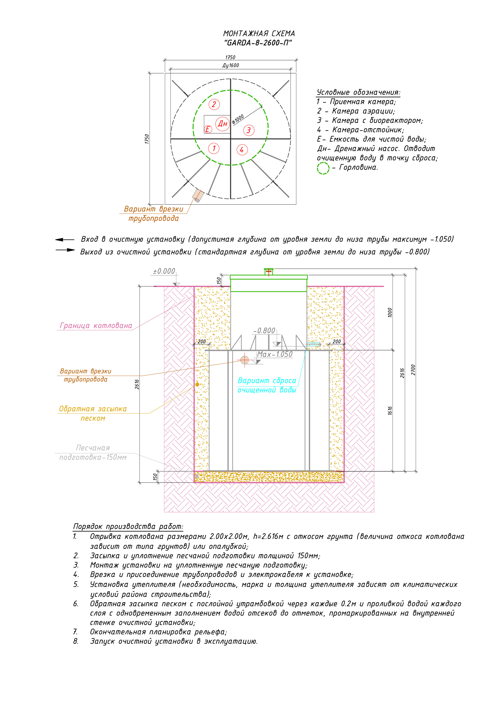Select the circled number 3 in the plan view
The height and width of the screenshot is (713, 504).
click(248, 130)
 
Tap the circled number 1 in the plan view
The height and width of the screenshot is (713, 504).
click(214, 148)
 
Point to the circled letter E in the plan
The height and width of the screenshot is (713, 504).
click(208, 129)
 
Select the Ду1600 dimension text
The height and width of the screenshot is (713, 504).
click(230, 65)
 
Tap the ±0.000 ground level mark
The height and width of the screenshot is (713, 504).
click(164, 271)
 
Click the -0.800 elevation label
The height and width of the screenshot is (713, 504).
click(264, 331)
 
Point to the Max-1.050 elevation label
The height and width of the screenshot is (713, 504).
click(275, 354)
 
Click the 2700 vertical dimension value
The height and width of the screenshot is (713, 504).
click(413, 370)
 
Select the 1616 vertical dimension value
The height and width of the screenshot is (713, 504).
click(390, 411)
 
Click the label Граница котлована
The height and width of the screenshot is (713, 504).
click(96, 326)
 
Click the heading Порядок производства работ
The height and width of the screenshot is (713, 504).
click(128, 527)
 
